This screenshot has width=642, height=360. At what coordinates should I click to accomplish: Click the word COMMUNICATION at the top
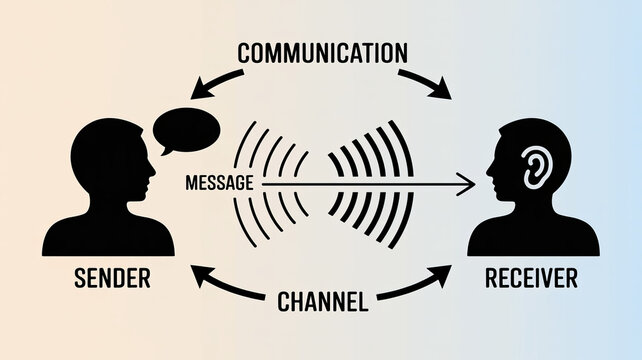click(323, 52)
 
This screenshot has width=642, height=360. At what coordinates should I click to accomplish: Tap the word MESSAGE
click(219, 183)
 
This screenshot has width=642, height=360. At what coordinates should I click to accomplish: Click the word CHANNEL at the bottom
click(320, 298)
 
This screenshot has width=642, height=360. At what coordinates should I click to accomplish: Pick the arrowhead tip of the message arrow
click(473, 183)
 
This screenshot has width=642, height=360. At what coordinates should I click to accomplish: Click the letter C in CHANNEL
click(281, 298)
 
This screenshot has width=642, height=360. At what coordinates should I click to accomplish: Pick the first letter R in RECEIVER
click(490, 277)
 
